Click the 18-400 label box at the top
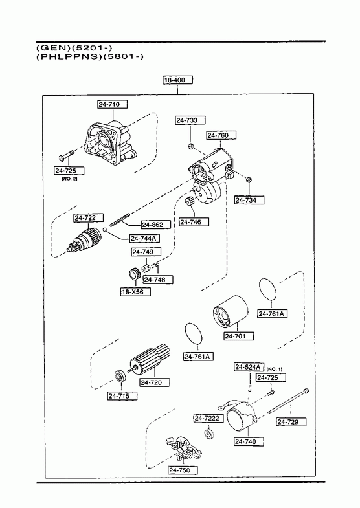(177, 80)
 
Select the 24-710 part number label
(113, 104)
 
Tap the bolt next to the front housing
(66, 155)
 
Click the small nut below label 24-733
(190, 146)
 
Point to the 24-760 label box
(221, 135)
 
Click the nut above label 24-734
(249, 179)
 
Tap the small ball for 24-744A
(105, 230)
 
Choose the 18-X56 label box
(135, 292)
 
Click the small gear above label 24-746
(189, 201)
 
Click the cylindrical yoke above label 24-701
(231, 312)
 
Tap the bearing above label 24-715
(121, 376)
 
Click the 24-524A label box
(249, 367)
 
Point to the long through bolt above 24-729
(288, 401)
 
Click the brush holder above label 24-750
(183, 448)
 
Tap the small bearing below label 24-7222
(208, 434)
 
